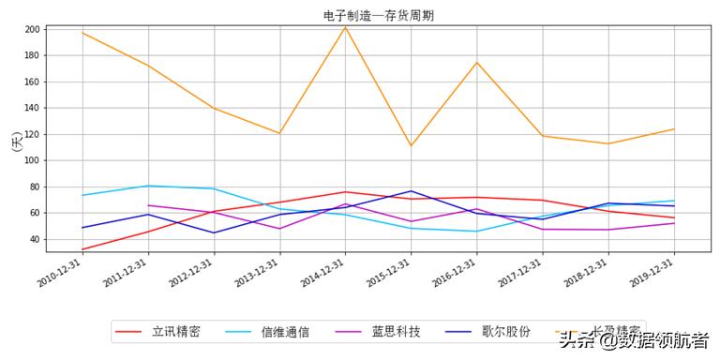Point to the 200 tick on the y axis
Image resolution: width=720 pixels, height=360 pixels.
(x=32, y=29)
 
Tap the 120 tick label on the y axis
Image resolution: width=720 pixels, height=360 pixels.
(x=32, y=134)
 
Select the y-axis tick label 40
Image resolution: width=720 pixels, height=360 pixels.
(x=35, y=239)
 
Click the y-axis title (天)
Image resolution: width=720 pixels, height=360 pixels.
(x=14, y=142)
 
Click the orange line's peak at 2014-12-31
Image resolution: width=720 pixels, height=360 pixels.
(x=345, y=27)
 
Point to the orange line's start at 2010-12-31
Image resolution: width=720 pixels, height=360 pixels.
(x=82, y=33)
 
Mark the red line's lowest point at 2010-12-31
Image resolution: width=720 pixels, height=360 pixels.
(x=82, y=249)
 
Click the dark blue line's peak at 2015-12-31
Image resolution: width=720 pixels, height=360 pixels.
(x=411, y=191)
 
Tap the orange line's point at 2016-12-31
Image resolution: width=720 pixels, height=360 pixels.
(x=476, y=63)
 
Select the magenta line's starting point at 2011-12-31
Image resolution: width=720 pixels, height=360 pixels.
(x=148, y=205)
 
